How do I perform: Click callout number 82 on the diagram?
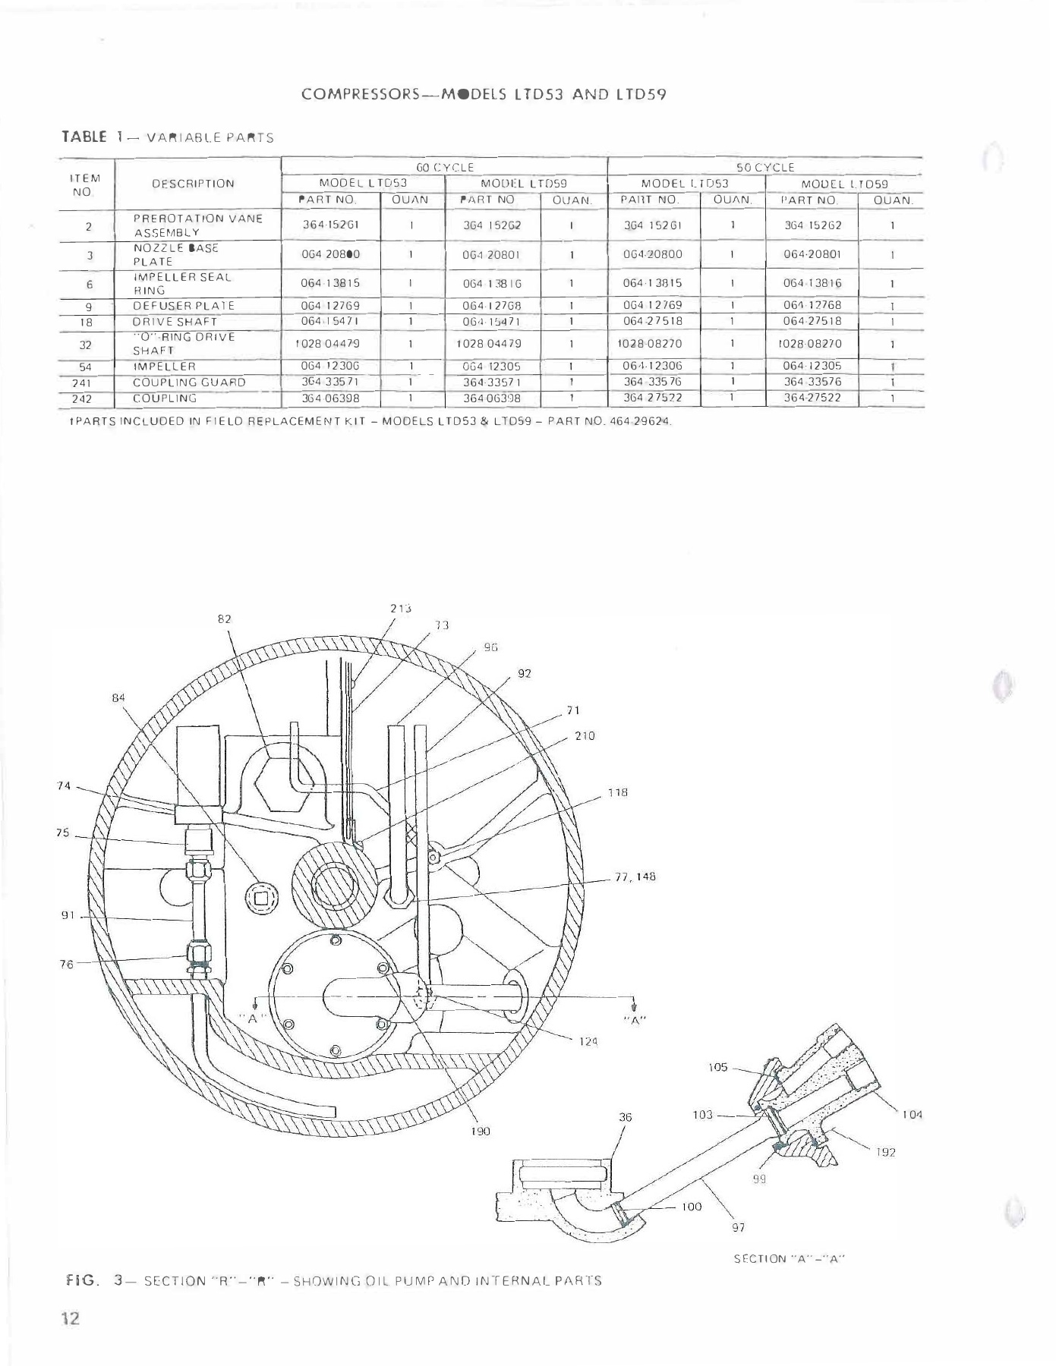pyautogui.click(x=224, y=618)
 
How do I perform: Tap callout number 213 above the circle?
pyautogui.click(x=401, y=608)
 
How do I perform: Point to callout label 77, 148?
pyautogui.click(x=635, y=877)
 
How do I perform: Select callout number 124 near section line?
pyautogui.click(x=589, y=1042)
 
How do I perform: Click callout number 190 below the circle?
pyautogui.click(x=481, y=1131)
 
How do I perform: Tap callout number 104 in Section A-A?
pyautogui.click(x=912, y=1115)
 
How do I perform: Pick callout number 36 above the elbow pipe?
pyautogui.click(x=625, y=1117)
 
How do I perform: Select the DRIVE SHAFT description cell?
pyautogui.click(x=175, y=321)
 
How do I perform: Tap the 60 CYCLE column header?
pyautogui.click(x=444, y=167)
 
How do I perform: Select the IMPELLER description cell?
pyautogui.click(x=165, y=367)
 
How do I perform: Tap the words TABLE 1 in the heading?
pyautogui.click(x=93, y=137)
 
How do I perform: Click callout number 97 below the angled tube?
pyautogui.click(x=737, y=1227)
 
